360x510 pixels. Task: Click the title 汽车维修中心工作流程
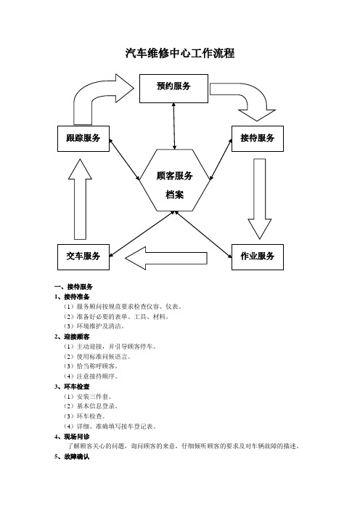coord(180,53)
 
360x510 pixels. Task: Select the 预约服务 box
coord(173,89)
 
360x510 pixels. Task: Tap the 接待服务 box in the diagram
coord(258,139)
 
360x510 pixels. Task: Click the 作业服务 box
coord(258,257)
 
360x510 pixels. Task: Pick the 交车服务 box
coord(83,257)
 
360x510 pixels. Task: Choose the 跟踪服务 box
coord(83,139)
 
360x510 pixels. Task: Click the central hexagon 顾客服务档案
coord(175,180)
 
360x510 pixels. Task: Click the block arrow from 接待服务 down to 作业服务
coord(260,198)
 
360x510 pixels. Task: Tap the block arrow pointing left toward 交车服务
coord(165,258)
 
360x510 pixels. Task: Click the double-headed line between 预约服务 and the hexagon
coord(174,126)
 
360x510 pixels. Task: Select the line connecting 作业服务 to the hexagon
coord(204,235)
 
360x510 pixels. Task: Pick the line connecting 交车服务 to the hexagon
coord(142,234)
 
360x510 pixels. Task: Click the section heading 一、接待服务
coord(74,286)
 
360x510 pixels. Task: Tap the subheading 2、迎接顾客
coord(72,336)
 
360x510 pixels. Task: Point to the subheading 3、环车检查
coord(72,386)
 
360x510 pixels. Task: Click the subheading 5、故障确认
coord(72,457)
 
